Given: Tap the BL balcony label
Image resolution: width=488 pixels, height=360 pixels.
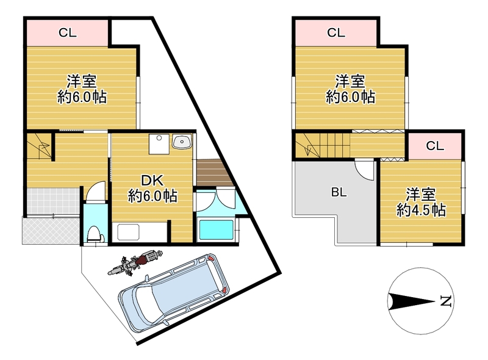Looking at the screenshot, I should click(339, 193).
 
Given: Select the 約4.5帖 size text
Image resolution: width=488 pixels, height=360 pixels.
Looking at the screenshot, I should click(421, 211).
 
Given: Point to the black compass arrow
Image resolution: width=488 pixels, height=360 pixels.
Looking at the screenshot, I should click(412, 301).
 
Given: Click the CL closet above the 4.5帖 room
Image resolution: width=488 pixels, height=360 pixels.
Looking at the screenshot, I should click(434, 145).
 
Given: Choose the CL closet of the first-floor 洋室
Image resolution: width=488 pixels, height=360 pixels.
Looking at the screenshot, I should click(67, 33).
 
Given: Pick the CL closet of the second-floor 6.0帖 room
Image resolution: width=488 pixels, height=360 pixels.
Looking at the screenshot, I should click(335, 33).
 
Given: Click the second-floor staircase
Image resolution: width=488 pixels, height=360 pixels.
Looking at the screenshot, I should click(317, 146).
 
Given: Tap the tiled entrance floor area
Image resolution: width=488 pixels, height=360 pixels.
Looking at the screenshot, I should click(51, 201).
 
